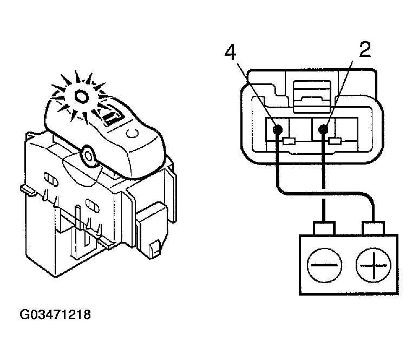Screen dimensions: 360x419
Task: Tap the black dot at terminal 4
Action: [277, 130]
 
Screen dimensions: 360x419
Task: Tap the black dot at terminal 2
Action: [324, 129]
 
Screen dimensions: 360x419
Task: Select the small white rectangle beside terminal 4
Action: [289, 142]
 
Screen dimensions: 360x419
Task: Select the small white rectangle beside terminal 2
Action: [336, 142]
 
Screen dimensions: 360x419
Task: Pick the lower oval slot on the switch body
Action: [93, 205]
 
